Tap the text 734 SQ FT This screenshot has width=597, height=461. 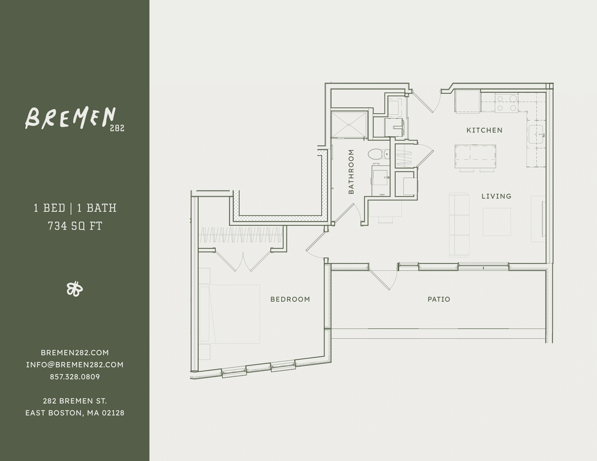click(75, 226)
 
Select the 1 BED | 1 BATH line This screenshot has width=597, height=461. click(75, 208)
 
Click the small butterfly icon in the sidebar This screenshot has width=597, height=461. click(75, 289)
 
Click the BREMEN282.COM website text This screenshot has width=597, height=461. click(75, 353)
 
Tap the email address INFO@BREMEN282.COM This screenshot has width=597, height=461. click(75, 365)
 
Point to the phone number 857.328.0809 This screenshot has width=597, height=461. click(75, 377)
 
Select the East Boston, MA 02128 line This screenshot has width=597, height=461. click(75, 413)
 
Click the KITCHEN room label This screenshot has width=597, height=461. click(484, 130)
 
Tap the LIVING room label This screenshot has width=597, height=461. click(496, 196)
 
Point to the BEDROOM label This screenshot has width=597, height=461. click(290, 299)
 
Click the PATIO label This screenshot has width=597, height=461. click(439, 299)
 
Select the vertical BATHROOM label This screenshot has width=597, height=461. click(351, 172)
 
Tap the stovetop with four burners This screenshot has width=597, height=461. click(506, 103)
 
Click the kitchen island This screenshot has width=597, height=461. click(475, 157)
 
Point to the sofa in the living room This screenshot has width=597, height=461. click(459, 225)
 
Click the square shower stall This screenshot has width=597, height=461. click(349, 125)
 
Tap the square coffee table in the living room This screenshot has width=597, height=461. click(497, 222)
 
